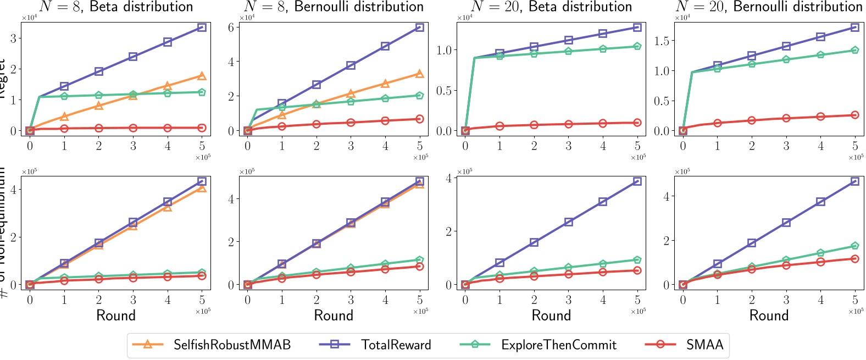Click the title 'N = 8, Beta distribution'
click(116, 7)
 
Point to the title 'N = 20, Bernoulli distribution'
click(769, 7)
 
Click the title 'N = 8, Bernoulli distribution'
click(334, 7)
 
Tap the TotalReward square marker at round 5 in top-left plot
click(202, 27)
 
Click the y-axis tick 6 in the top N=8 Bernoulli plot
click(231, 27)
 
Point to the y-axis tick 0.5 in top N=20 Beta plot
click(444, 90)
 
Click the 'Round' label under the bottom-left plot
click(116, 315)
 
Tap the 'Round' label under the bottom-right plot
click(769, 315)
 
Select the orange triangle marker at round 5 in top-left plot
click(202, 76)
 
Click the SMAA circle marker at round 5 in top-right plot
click(855, 115)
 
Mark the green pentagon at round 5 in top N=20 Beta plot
click(637, 46)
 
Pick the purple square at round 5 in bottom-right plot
click(855, 181)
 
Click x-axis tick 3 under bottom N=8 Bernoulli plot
click(351, 300)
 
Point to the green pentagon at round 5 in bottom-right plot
click(855, 246)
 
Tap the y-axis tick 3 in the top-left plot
click(13, 38)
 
